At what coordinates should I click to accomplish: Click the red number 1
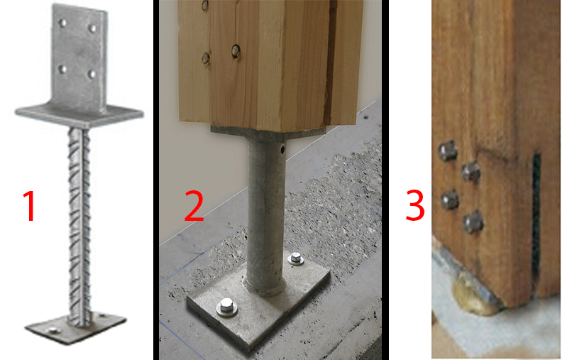click(x=30, y=206)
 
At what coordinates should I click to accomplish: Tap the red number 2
click(x=194, y=206)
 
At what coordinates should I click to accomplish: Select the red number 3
click(x=415, y=205)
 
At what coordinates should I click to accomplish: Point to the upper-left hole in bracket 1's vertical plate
click(x=63, y=23)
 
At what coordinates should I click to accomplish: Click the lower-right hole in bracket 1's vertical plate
click(x=92, y=75)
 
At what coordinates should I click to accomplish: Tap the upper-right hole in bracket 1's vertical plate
click(x=92, y=28)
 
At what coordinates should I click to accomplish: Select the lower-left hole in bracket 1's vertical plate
click(x=63, y=69)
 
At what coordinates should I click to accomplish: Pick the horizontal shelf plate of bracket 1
click(x=79, y=115)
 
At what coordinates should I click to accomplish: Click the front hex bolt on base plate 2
click(x=226, y=307)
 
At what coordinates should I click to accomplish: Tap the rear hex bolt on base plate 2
click(x=296, y=258)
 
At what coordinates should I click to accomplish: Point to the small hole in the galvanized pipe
click(x=282, y=149)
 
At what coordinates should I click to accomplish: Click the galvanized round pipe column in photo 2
click(x=265, y=214)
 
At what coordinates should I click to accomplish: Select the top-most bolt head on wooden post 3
click(x=447, y=151)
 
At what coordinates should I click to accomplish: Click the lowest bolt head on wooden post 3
click(x=473, y=222)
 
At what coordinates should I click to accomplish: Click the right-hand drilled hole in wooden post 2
click(x=236, y=51)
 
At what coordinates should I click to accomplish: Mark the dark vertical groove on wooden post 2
click(x=330, y=62)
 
